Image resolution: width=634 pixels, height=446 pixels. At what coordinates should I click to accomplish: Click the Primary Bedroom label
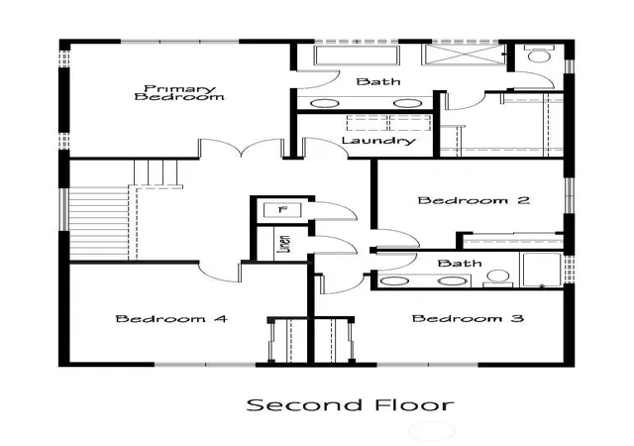pos(179,93)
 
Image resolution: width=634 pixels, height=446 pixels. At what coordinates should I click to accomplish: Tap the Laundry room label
pos(378,141)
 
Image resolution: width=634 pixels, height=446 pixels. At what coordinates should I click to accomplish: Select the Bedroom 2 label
pos(474,200)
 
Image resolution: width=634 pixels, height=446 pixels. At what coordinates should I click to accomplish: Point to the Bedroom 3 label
pos(468,318)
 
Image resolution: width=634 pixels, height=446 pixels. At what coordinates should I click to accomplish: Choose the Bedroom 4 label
pos(171,319)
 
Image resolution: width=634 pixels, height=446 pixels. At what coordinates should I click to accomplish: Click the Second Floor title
pos(350,404)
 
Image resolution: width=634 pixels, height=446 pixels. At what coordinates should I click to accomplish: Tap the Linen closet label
pos(284,244)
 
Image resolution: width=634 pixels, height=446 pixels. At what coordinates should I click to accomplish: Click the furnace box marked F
pos(282,210)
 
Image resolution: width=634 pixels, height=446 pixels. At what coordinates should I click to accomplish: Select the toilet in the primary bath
pos(539,54)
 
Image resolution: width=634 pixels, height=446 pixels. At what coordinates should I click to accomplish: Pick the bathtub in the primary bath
pos(357,56)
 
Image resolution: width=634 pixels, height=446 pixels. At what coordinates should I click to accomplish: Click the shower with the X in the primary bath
pos(464,55)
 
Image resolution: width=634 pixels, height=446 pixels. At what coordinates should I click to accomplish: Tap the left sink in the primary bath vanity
pos(325,104)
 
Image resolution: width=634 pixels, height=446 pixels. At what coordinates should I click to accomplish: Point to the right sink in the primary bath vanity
pos(407,104)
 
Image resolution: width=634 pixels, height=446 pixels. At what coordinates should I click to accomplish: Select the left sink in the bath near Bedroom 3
pos(394,280)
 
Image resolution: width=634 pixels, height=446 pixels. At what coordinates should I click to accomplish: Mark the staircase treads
pos(99,223)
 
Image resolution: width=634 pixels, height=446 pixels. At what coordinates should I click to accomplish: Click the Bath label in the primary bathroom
pos(378,81)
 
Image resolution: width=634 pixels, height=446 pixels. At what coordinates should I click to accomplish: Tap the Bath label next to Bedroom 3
pos(460,264)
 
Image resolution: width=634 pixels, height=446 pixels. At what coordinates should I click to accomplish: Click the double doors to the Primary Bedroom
pos(241,148)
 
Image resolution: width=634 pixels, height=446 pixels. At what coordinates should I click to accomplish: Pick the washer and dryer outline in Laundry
pos(388,123)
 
